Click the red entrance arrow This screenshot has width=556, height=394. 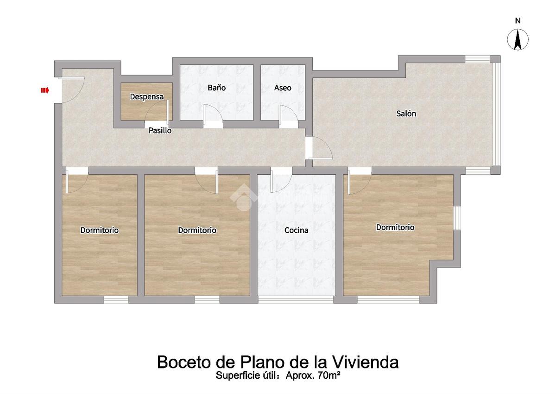click(45, 90)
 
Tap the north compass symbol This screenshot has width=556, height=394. click(518, 39)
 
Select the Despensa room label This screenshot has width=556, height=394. click(147, 96)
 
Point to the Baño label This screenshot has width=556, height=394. click(217, 88)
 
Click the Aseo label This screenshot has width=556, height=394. click(283, 88)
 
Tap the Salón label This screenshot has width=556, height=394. click(406, 114)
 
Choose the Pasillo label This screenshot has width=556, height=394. click(160, 130)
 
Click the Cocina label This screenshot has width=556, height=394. click(297, 230)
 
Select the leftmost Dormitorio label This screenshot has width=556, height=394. click(100, 230)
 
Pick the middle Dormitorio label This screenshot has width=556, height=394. click(197, 230)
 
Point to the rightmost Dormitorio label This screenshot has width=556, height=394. click(395, 227)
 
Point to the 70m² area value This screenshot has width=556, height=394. click(329, 375)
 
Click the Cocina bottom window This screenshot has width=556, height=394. click(296, 299)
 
